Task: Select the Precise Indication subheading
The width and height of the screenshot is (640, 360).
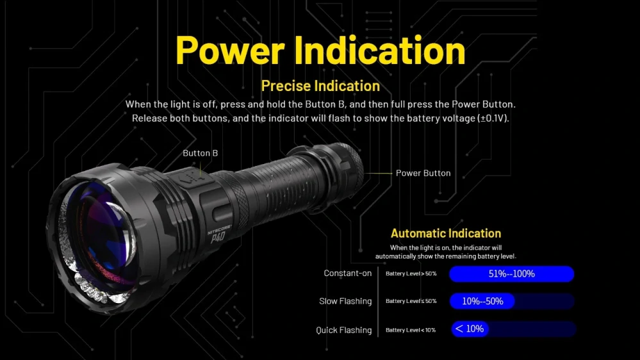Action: (320, 86)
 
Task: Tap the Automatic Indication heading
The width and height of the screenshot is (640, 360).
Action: (446, 233)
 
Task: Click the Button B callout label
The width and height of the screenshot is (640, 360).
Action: (201, 153)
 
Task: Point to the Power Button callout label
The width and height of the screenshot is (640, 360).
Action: (423, 173)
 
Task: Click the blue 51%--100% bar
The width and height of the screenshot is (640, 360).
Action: (511, 274)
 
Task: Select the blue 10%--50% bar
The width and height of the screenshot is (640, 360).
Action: (482, 301)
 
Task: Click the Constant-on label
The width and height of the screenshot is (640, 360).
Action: (347, 274)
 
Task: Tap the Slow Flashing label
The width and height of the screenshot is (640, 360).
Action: (345, 301)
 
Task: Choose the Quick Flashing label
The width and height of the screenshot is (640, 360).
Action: (343, 330)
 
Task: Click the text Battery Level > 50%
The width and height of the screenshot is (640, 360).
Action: (411, 274)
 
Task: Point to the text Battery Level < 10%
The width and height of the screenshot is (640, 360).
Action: (410, 330)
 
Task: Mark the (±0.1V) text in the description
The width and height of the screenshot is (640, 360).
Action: (491, 119)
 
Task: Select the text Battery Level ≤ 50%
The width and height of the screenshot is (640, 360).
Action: (411, 301)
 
